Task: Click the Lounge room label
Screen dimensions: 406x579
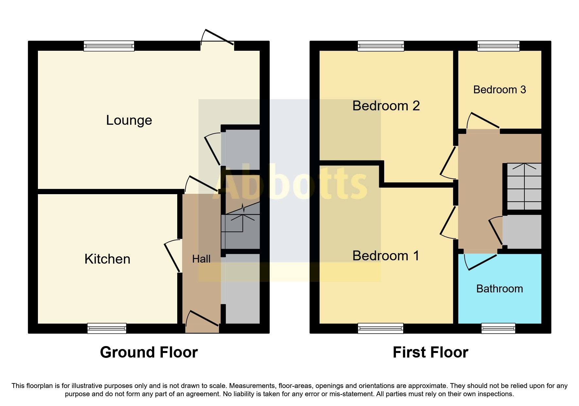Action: pos(129,120)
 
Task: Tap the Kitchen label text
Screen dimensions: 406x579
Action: pos(107,259)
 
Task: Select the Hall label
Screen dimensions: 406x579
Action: pos(201,259)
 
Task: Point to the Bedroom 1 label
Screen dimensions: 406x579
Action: pos(386,256)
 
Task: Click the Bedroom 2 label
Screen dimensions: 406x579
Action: pos(386,106)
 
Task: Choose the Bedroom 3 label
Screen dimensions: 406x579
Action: pos(500,90)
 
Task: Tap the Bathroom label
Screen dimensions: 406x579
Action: pos(500,289)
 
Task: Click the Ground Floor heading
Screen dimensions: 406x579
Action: pos(149,353)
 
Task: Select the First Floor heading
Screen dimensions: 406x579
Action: pos(430,353)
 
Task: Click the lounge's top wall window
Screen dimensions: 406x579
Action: pos(109,46)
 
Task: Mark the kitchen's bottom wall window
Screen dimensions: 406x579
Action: pos(107,328)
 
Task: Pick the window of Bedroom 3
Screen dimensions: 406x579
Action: pos(498,46)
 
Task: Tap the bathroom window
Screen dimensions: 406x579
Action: pos(498,328)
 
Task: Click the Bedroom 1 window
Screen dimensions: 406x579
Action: pos(381,328)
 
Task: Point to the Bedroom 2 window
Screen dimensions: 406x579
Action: pos(381,46)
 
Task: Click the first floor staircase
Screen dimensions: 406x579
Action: pos(524,187)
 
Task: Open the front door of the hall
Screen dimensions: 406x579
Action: pos(202,319)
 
